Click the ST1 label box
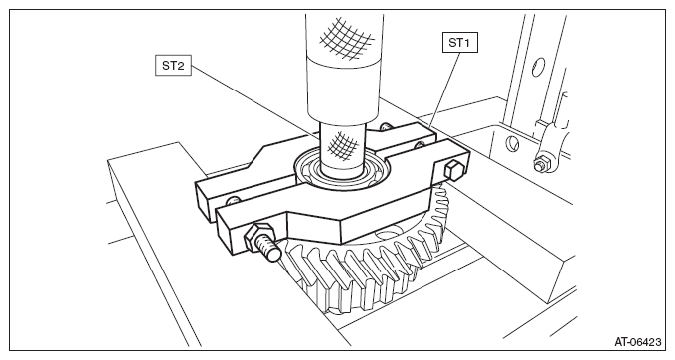click(460, 43)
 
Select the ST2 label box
click(173, 66)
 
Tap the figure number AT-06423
click(637, 342)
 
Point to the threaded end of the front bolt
click(272, 253)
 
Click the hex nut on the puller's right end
click(452, 170)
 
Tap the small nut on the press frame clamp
click(540, 164)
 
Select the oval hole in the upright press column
click(538, 67)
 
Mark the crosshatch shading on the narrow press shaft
click(343, 146)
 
